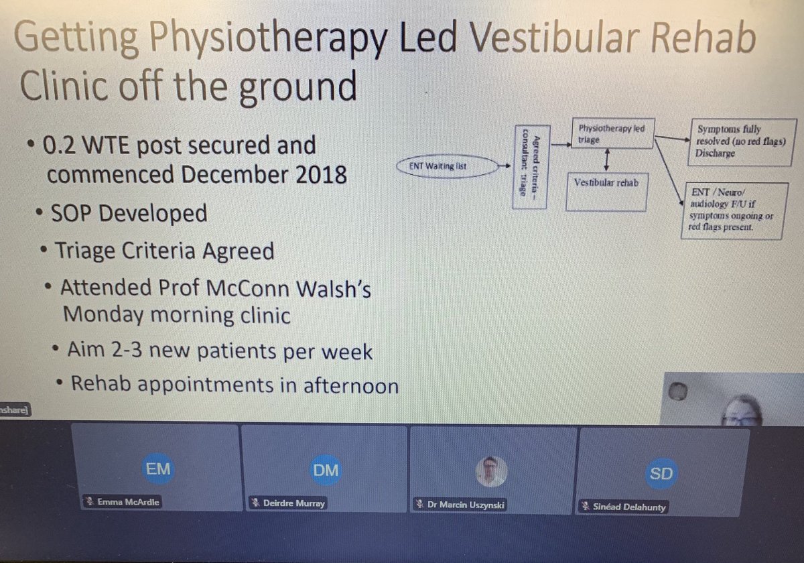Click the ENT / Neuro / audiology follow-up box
(732, 210)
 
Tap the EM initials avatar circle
(158, 470)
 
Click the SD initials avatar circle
(661, 474)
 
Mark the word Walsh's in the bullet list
(333, 289)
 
